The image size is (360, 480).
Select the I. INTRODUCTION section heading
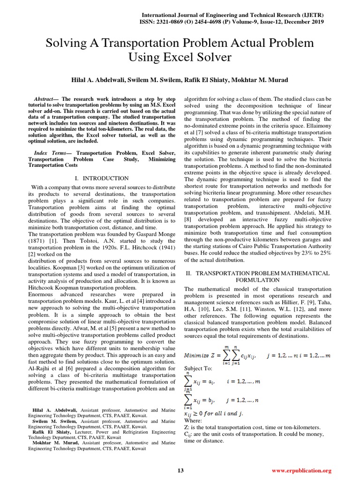tap(102, 178)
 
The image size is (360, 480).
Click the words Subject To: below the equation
tap(199, 368)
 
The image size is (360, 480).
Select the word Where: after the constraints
tap(195, 421)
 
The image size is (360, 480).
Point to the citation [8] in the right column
tap(188, 219)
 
